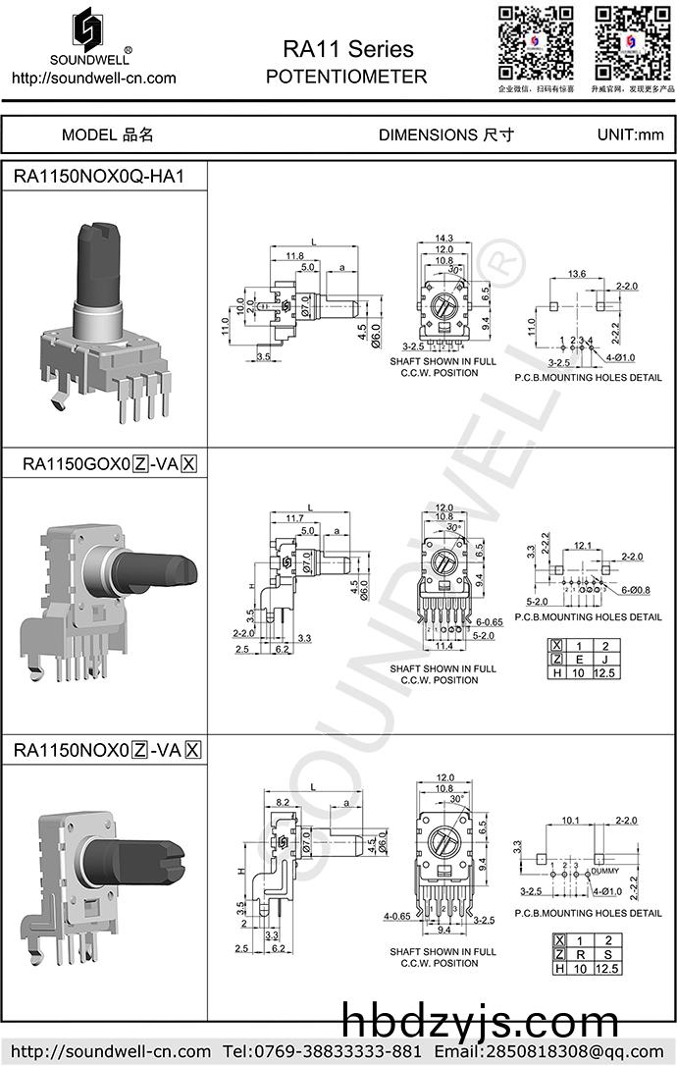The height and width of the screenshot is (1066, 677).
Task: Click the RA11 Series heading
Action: [347, 49]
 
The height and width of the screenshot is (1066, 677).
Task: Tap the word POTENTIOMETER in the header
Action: [346, 77]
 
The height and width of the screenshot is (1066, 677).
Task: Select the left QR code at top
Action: [536, 42]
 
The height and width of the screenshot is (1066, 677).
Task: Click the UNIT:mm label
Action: [630, 134]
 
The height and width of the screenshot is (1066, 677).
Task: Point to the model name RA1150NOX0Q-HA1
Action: [98, 178]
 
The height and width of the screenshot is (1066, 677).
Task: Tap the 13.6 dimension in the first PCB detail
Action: [577, 273]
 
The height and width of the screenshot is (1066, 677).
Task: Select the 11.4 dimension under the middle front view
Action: [443, 646]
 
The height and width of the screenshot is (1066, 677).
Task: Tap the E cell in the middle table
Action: [580, 659]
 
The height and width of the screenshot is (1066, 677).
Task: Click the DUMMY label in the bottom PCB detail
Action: [605, 871]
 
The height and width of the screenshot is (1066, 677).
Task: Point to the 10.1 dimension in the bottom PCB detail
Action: [571, 820]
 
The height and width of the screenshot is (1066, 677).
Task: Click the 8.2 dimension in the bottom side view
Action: [283, 802]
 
